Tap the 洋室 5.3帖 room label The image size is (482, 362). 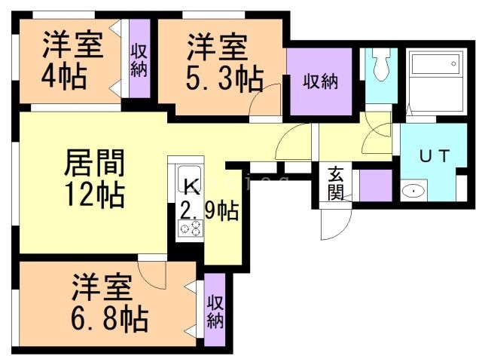click(x=219, y=60)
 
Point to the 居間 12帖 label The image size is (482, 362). click(x=94, y=178)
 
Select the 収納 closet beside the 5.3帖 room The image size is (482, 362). click(x=320, y=81)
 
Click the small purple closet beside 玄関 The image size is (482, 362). click(x=374, y=185)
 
